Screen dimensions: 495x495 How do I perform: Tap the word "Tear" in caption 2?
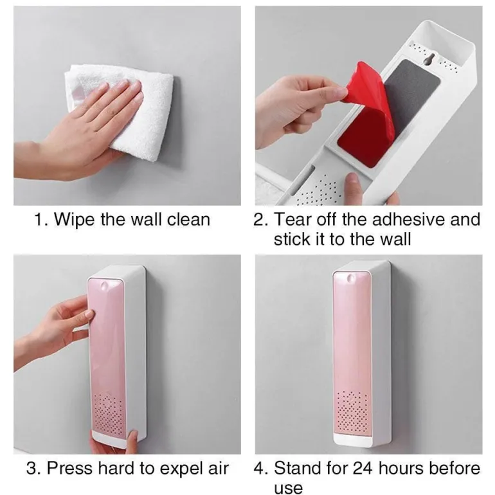tap(293, 219)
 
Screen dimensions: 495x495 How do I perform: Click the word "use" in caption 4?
tap(288, 488)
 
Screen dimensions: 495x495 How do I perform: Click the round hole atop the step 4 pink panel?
tap(351, 278)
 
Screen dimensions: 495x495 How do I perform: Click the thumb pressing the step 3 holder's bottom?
tap(133, 440)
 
